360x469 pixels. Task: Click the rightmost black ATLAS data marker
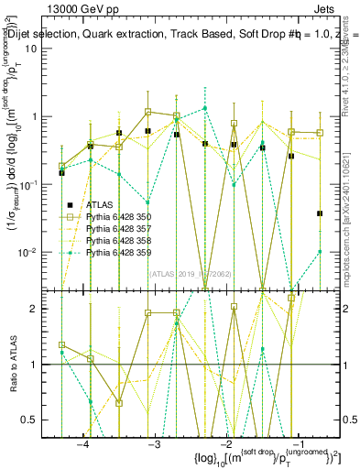[320, 213]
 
